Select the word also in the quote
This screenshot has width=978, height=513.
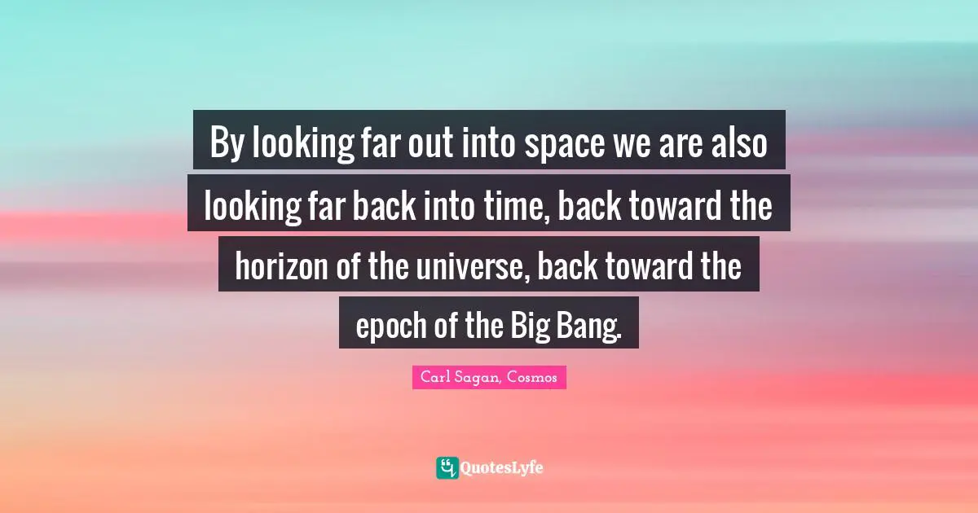[x=738, y=145]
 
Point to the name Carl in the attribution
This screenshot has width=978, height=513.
[x=436, y=377]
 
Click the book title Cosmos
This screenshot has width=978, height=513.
[x=535, y=377]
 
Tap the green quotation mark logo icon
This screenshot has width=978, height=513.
[x=447, y=467]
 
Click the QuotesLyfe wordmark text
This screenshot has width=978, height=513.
[x=502, y=468]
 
